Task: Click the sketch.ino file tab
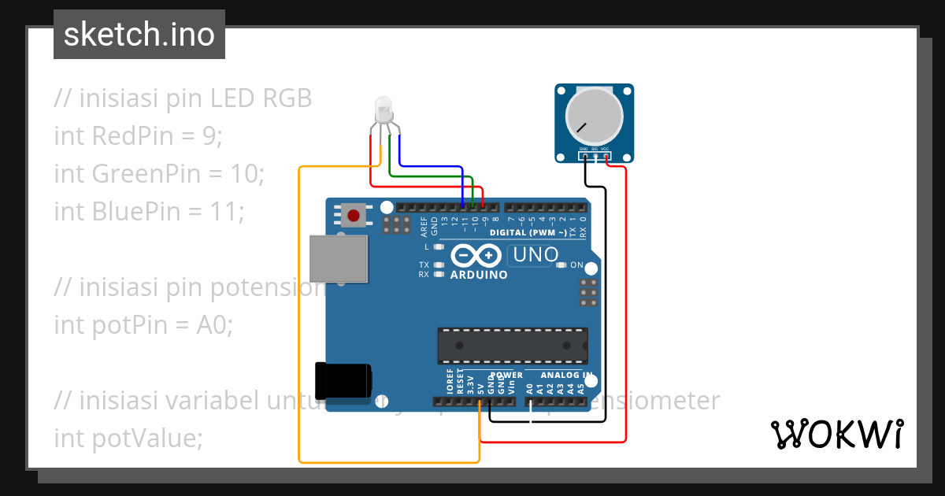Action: point(139,35)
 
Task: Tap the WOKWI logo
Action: point(836,434)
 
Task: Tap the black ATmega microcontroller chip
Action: point(513,347)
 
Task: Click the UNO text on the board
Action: point(535,255)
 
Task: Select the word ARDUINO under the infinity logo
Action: point(479,275)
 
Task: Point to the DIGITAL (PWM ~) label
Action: point(527,233)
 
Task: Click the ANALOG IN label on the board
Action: point(566,376)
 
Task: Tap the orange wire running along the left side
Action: point(299,315)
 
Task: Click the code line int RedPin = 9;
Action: point(139,136)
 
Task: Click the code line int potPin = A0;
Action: point(143,324)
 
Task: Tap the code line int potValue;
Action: point(128,439)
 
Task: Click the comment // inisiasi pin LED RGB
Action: point(183,99)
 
